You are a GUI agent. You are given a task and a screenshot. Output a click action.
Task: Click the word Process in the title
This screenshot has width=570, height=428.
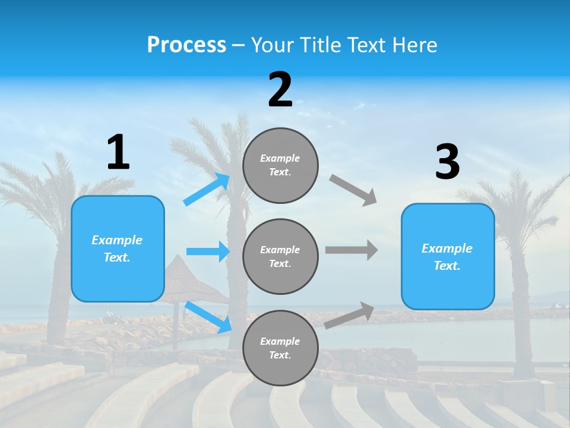pos(186,45)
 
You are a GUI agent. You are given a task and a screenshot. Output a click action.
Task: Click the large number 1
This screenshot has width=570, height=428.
pos(118,153)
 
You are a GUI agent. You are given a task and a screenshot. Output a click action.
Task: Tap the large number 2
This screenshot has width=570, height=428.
pos(280,90)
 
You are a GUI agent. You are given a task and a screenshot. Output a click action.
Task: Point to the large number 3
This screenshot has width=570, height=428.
pos(448,162)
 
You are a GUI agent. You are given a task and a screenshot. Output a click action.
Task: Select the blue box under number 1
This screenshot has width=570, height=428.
pos(118,248)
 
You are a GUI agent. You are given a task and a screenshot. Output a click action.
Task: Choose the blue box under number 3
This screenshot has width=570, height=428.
pos(448,256)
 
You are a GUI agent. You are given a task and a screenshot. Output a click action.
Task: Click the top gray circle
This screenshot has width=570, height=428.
pos(280,165)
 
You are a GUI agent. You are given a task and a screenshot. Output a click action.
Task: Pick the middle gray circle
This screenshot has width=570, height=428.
pos(280,256)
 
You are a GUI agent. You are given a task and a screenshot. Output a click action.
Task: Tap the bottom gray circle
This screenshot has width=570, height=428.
pos(280,348)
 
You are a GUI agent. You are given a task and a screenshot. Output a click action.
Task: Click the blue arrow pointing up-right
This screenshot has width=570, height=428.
pos(207,190)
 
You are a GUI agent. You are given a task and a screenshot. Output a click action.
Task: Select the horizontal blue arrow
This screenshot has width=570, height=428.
pos(208,251)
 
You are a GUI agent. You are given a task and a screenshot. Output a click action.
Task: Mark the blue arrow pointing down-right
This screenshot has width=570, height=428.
pos(208,317)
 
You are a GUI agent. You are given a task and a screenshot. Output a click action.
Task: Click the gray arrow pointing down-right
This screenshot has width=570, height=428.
pos(353,190)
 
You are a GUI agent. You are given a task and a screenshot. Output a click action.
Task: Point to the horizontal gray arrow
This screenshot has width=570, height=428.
pos(351,250)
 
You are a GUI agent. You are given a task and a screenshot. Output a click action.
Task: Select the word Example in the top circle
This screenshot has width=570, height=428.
pos(280,158)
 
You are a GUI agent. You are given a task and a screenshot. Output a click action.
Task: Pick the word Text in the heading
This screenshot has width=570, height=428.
pos(366,45)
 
